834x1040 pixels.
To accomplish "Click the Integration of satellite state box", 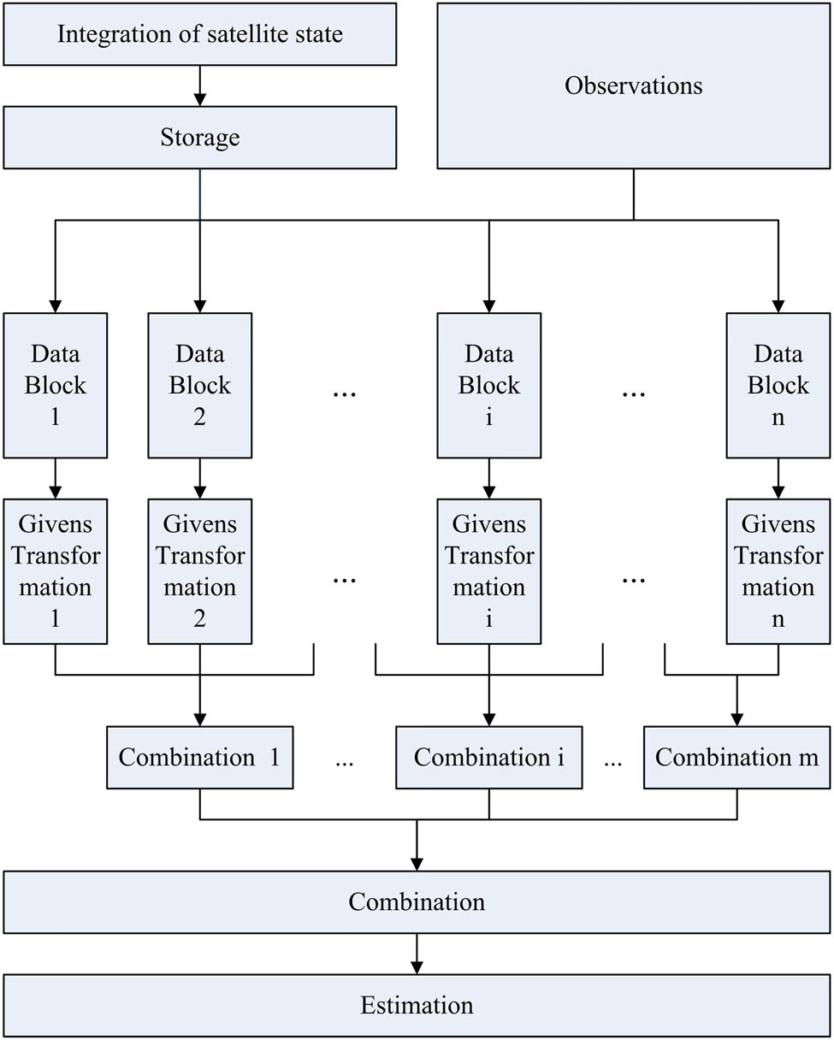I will pos(199,34).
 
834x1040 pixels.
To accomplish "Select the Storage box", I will pos(199,138).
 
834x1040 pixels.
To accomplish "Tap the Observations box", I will pos(633,86).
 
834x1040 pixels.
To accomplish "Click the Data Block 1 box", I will pos(56,385).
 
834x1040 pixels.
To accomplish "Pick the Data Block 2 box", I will pos(199,385).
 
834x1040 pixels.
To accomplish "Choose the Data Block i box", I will pos(488,385).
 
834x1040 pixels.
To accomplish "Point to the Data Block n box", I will pos(778,385).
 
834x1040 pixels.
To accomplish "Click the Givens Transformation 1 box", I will pos(56,571).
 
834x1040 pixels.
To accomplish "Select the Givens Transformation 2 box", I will pos(199,571).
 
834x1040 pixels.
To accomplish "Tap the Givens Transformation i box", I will pos(488,571).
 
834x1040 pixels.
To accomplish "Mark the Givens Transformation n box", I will pos(778,571).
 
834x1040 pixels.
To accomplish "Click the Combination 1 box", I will pos(199,758).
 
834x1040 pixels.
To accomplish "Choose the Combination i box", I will pos(488,758).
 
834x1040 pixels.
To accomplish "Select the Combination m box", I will pos(736,758).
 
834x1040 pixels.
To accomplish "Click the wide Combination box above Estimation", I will pos(417,902).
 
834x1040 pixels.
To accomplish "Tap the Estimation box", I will pos(417,1005).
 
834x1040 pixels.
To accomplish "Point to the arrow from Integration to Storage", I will pos(199,86).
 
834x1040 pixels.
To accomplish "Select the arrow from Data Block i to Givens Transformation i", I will pos(488,478).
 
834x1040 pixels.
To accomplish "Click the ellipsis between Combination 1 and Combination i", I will pos(344,761).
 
